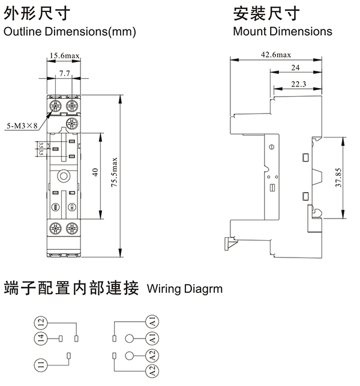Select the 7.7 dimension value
coord(65,73)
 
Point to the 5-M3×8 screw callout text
coord(22,125)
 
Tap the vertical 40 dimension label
coord(94,172)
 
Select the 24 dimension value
coord(295,68)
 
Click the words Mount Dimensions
coord(283,31)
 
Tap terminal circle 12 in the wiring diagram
coord(40,322)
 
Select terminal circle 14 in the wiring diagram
coord(40,339)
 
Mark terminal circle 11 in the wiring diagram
coord(40,364)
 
